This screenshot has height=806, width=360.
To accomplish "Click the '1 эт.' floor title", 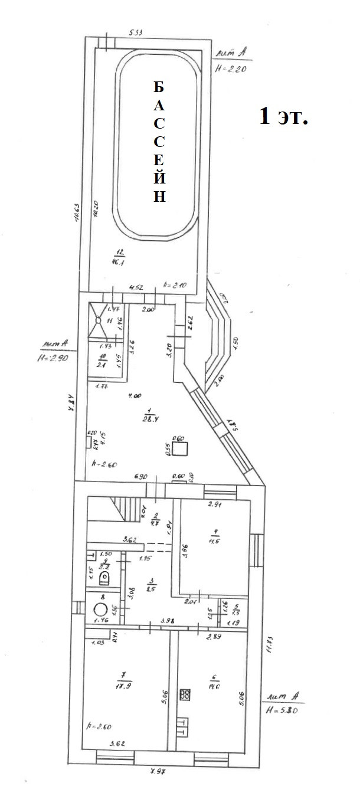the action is point(283,116).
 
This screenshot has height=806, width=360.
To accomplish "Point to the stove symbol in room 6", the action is point(185,694).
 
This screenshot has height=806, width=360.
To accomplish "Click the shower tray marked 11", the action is point(102,321).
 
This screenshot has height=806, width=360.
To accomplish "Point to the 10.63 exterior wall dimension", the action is point(76,218).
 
